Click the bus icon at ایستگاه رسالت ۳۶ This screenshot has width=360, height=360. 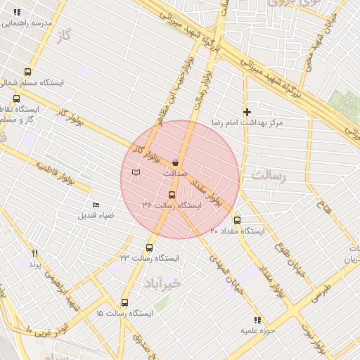click(172, 195)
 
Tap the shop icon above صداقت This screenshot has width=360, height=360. click(175, 162)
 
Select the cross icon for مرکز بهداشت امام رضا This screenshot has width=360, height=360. click(247, 112)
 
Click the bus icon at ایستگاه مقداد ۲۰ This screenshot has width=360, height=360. click(237, 220)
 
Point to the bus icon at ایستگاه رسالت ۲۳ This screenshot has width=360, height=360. click(149, 247)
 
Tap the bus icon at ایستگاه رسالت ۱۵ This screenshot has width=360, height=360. click(125, 302)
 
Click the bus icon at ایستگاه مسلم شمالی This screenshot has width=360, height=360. click(27, 72)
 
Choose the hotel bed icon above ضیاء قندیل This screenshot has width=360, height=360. click(96, 205)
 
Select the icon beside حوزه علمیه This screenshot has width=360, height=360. click(257, 320)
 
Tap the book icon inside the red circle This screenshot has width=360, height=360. click(136, 172)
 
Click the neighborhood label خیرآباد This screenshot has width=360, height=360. click(163, 282)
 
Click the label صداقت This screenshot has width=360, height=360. click(175, 172)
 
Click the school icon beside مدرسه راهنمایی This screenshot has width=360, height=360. click(17, 13)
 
